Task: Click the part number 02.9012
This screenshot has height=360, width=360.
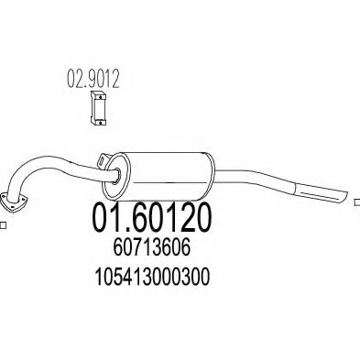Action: tap(93, 79)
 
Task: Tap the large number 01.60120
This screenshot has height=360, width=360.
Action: tap(152, 217)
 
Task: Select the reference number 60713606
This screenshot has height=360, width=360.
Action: tap(152, 247)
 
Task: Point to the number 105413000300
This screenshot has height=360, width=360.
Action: tap(153, 276)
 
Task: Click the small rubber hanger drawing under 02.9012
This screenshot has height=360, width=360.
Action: tap(98, 108)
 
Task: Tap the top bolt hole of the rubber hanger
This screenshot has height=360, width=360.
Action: tap(100, 96)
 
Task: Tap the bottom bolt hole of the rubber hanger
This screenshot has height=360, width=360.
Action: tap(100, 123)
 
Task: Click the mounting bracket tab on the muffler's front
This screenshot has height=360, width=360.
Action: tap(104, 160)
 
